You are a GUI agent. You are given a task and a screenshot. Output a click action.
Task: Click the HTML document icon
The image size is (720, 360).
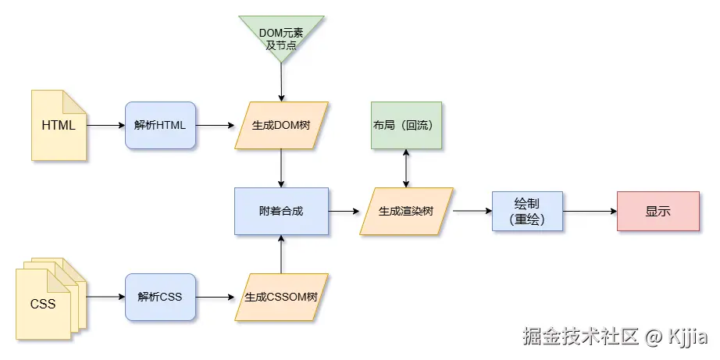coord(59,125)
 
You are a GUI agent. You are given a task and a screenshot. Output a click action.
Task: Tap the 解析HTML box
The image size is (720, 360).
coord(160,125)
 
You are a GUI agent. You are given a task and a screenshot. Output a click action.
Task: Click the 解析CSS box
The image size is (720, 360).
coord(160,297)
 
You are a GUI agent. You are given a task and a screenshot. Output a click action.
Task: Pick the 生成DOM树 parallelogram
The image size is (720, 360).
coord(281,125)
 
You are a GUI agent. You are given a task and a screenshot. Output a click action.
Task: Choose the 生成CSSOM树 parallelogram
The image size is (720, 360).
coord(281,297)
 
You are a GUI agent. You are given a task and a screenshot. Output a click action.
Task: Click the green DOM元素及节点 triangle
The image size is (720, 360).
coord(281,36)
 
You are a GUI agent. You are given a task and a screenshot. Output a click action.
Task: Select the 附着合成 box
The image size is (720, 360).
coord(281,211)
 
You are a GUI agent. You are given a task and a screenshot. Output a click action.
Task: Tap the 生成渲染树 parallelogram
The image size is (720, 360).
coord(406,211)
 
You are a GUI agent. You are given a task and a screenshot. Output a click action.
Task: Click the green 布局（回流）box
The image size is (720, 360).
coord(406,125)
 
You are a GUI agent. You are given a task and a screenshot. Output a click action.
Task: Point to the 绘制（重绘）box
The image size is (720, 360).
coord(527,211)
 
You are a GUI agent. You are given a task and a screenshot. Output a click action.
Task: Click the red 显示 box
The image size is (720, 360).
coord(658,211)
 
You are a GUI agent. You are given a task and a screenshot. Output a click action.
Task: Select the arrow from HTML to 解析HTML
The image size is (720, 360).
coord(105,125)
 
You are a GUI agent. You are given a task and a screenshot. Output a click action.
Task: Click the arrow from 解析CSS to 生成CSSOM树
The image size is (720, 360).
coord(215,297)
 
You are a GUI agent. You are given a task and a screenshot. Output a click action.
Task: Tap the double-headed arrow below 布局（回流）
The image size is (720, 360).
coord(406,168)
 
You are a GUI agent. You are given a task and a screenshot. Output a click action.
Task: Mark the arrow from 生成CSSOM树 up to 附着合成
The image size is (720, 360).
coord(281,254)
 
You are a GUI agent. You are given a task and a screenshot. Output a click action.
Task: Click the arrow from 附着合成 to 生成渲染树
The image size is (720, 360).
coord(344,211)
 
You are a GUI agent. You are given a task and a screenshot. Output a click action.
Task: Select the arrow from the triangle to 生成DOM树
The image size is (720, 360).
coord(281,82)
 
